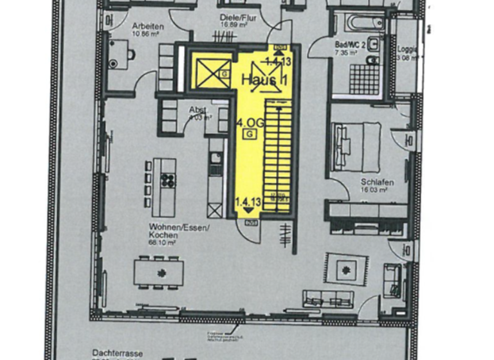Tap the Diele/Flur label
pos(238,19)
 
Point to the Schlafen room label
pos(377,182)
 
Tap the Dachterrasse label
pos(116,353)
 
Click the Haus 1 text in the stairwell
pos(264,80)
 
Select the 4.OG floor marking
pos(248,122)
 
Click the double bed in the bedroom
pos(357,147)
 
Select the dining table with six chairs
pos(159,271)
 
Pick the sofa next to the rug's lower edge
pos(328,298)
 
